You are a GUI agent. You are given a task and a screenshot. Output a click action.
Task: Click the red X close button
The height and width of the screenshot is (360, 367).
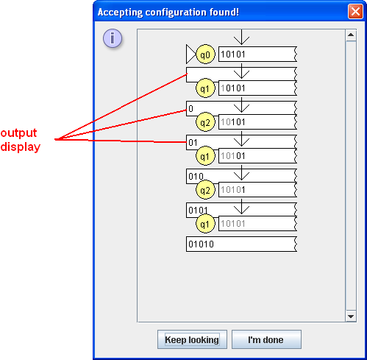(x=355, y=12)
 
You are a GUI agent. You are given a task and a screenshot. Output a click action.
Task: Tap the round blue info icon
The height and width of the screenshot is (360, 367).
(x=113, y=38)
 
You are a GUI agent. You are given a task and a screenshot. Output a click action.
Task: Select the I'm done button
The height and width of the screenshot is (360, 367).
(x=266, y=339)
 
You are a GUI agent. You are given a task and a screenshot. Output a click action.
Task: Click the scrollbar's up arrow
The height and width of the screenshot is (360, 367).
(x=351, y=35)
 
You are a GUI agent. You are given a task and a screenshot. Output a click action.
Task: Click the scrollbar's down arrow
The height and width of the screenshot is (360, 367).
(x=351, y=317)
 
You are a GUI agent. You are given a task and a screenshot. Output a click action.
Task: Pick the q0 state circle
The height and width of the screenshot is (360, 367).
(x=205, y=54)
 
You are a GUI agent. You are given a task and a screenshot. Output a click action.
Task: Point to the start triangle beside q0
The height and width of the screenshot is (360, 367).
(x=190, y=54)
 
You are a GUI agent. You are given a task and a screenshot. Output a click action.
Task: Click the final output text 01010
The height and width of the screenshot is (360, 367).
(x=201, y=244)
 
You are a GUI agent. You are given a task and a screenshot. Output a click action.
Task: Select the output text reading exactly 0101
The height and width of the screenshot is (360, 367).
(x=198, y=211)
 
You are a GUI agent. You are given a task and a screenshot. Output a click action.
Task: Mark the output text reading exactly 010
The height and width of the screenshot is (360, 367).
(x=196, y=177)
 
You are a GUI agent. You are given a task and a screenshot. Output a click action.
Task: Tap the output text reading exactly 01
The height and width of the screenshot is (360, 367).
(x=193, y=143)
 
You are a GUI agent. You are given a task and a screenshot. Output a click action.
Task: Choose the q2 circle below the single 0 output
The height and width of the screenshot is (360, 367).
(x=205, y=122)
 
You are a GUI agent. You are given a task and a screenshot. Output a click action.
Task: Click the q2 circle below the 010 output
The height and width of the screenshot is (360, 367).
(x=205, y=190)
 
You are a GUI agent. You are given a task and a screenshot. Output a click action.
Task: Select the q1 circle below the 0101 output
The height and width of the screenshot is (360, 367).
(x=205, y=224)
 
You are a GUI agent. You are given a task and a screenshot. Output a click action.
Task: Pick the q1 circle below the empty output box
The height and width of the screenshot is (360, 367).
(x=205, y=88)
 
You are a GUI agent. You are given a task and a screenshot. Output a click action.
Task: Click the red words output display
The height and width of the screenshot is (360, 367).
(x=20, y=140)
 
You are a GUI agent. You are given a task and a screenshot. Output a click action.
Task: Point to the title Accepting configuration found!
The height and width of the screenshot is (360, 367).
(x=168, y=13)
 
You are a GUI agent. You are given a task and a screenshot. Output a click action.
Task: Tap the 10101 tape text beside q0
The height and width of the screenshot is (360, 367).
(x=233, y=54)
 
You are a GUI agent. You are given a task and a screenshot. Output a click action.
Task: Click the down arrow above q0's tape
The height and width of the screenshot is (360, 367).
(x=241, y=38)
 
